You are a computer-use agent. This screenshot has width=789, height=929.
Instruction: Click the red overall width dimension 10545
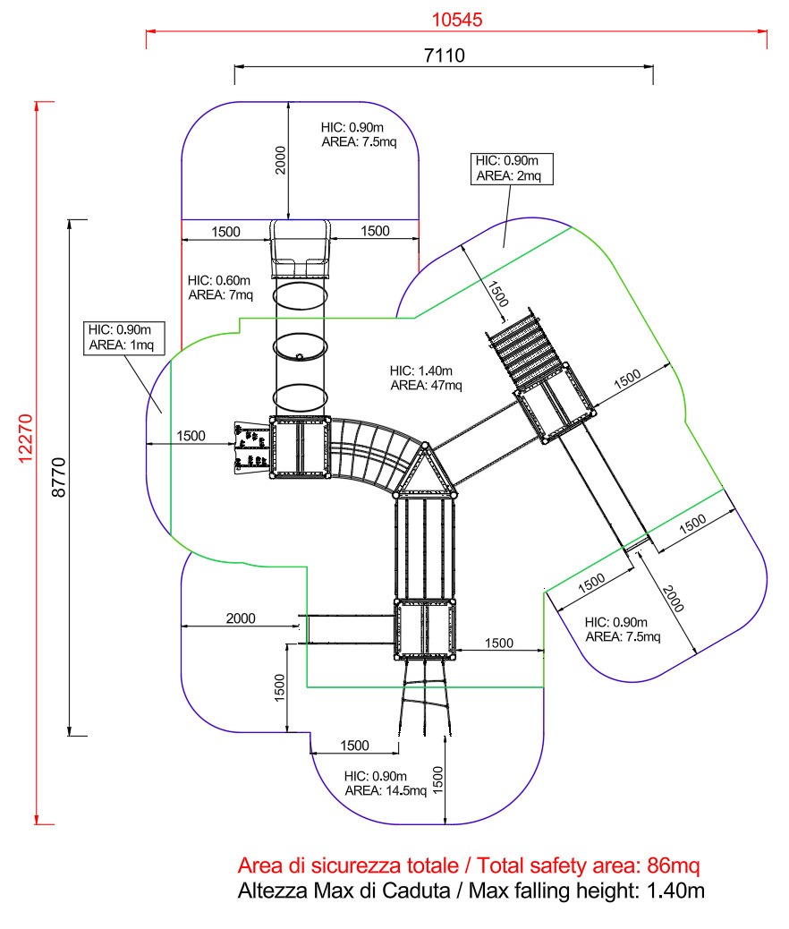457,20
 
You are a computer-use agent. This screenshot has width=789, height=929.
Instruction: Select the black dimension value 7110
445,55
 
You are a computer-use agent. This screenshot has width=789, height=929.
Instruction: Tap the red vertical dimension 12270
25,439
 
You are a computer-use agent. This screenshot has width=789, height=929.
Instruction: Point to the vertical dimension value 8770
59,477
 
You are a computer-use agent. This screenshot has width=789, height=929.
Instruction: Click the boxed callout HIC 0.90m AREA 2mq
512,169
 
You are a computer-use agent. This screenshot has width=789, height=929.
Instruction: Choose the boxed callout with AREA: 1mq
123,338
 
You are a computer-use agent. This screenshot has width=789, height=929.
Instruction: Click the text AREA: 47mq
426,386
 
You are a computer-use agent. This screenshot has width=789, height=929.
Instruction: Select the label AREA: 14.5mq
386,791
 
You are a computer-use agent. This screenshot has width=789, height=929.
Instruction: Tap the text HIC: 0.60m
218,280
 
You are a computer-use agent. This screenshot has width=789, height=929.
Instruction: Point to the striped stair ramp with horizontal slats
523,352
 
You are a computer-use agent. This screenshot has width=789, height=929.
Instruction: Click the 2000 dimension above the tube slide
281,160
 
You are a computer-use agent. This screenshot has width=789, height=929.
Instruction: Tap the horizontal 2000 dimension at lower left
241,618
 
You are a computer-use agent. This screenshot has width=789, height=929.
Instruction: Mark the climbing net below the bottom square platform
425,698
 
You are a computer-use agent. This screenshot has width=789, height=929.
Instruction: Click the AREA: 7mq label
220,295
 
